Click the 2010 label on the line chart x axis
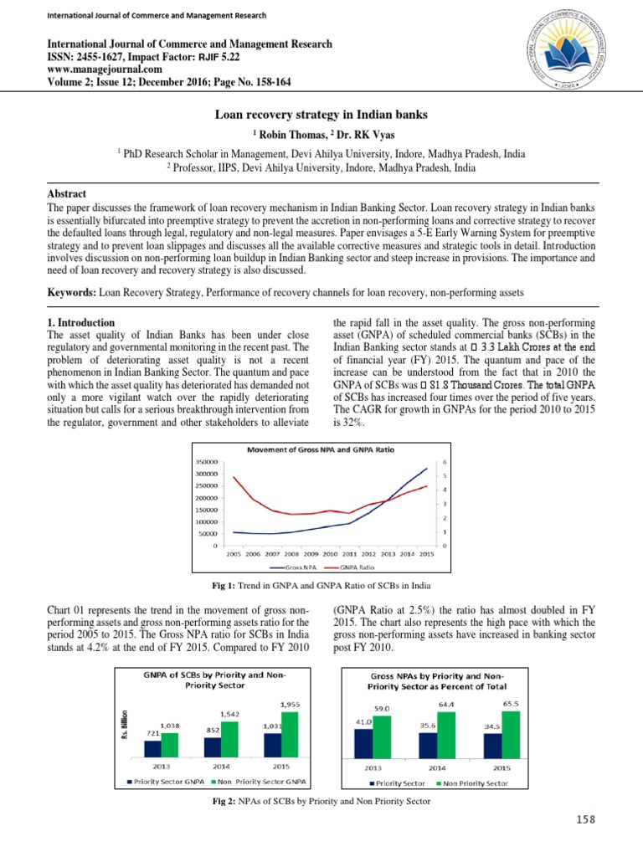click(330, 554)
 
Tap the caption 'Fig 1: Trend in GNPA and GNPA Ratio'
click(321, 583)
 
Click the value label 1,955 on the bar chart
click(291, 704)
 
